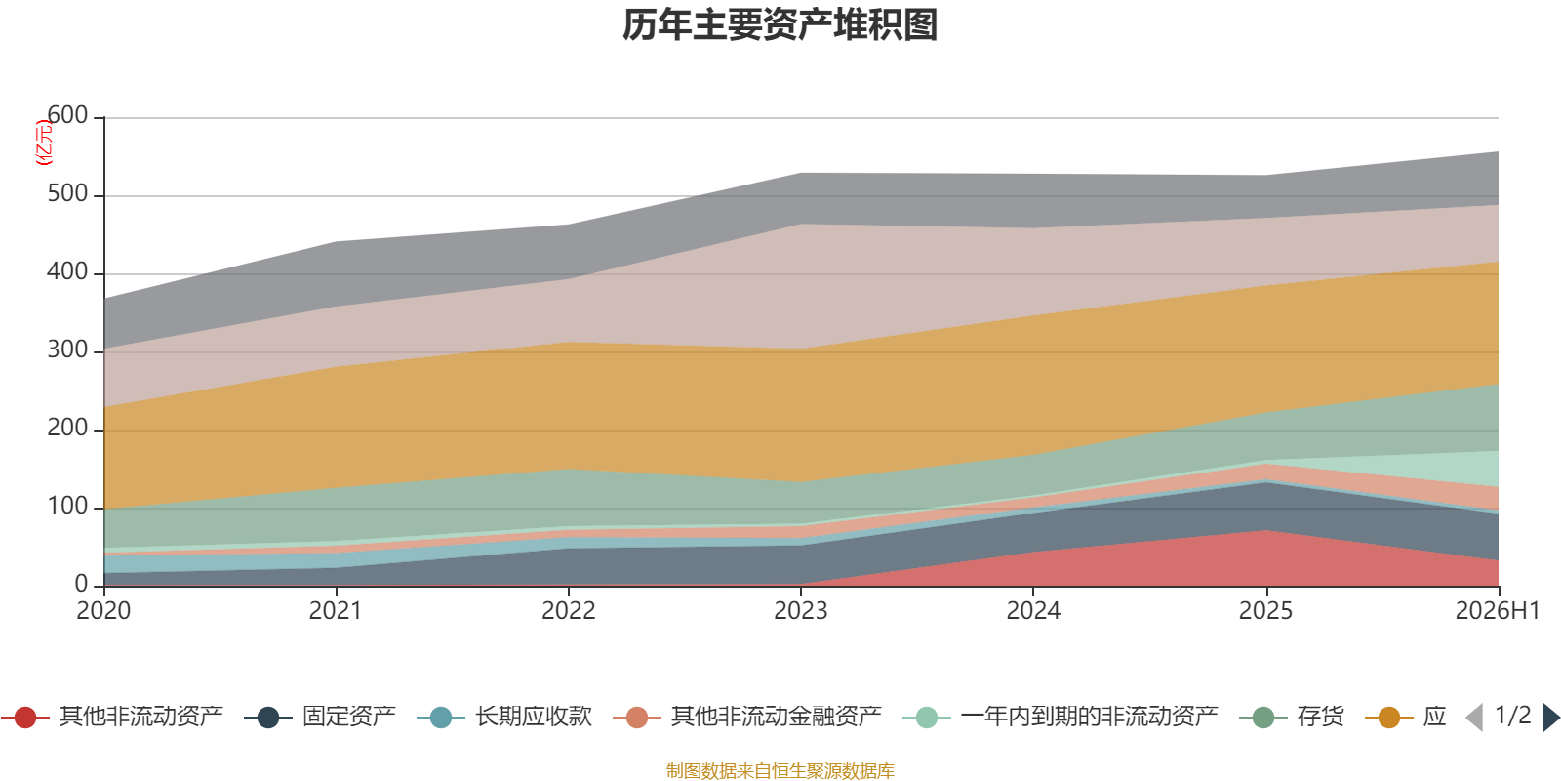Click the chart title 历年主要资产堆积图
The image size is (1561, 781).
[x=780, y=25]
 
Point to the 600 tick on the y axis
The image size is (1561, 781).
[x=67, y=115]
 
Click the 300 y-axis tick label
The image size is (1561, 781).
[x=67, y=349]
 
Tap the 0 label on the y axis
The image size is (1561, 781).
[x=81, y=584]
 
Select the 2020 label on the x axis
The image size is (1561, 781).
[x=103, y=611]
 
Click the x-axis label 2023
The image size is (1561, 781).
[x=801, y=611]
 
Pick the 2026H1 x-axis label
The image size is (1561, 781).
[x=1498, y=611]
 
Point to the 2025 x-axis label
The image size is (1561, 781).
[x=1265, y=611]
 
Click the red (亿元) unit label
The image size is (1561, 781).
[x=44, y=143]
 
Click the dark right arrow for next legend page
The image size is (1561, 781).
[x=1551, y=717]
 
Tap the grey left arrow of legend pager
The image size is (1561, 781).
[x=1474, y=717]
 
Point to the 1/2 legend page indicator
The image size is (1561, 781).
[x=1513, y=716]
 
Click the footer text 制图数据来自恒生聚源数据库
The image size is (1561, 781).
[x=780, y=770]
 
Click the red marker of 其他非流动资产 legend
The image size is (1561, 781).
[x=25, y=717]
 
